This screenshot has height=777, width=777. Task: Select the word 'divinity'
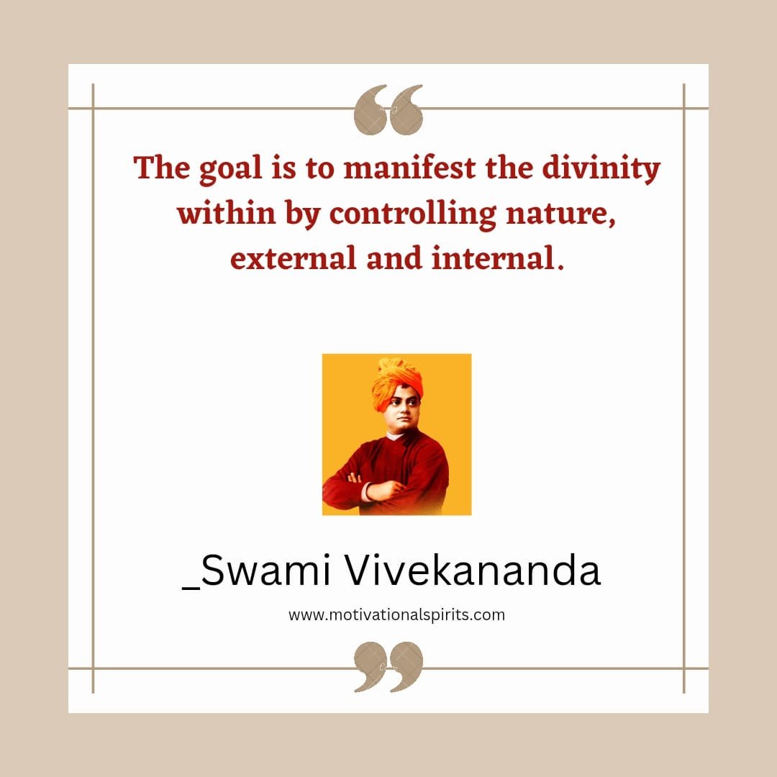tap(601, 170)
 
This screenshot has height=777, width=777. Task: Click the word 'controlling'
tap(412, 216)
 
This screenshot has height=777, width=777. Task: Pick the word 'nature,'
tap(560, 216)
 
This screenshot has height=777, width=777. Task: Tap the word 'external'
tap(293, 259)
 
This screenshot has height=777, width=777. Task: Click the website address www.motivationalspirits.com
tap(396, 615)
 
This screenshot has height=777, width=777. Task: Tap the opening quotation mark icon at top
tap(388, 109)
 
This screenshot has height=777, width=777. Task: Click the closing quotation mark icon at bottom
tap(388, 666)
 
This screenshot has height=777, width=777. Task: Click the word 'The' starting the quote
tap(162, 167)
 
